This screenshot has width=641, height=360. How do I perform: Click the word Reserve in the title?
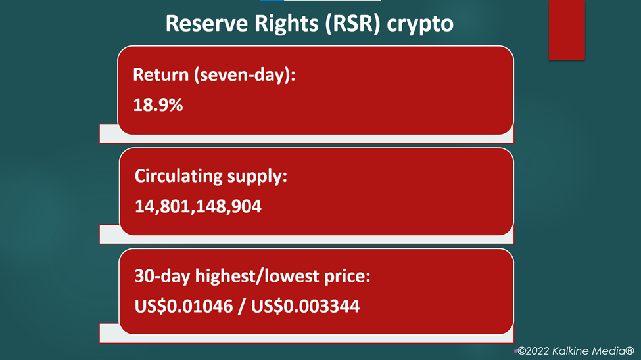click(x=206, y=23)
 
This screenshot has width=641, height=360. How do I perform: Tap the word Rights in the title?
click(x=286, y=24)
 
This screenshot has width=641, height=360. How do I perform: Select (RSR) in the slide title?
click(x=352, y=24)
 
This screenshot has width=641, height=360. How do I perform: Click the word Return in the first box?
click(x=160, y=75)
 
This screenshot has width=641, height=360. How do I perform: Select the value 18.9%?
click(x=158, y=105)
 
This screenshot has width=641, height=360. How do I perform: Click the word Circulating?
click(x=178, y=177)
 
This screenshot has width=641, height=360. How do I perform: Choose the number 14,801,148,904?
click(x=198, y=206)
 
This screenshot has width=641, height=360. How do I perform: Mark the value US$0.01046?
click(x=183, y=306)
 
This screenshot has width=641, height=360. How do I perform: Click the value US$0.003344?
click(x=305, y=306)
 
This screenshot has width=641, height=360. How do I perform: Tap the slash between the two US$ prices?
click(x=241, y=307)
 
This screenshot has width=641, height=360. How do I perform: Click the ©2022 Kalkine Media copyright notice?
click(x=576, y=351)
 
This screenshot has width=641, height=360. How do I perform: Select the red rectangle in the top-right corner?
click(x=567, y=30)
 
